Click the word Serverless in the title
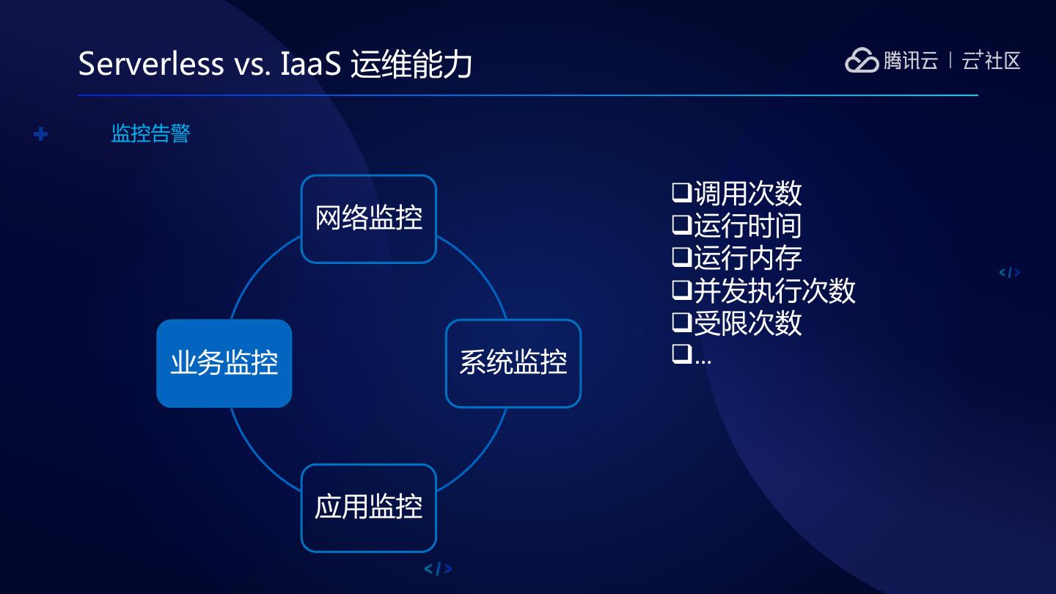(150, 64)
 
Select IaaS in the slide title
(311, 64)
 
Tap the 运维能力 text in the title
(411, 64)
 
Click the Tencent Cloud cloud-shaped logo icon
(861, 61)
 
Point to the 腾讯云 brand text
(910, 60)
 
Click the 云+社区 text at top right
(991, 60)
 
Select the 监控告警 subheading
(150, 133)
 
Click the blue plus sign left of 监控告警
(41, 134)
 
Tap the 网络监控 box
(369, 219)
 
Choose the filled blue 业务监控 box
(224, 363)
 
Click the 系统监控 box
(513, 363)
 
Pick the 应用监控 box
(369, 507)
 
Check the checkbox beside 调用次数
(681, 194)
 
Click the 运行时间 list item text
(747, 226)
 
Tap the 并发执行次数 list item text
(774, 290)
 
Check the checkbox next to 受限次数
(681, 323)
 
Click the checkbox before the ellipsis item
(681, 355)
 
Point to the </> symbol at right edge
(1010, 273)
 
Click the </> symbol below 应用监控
(438, 569)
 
